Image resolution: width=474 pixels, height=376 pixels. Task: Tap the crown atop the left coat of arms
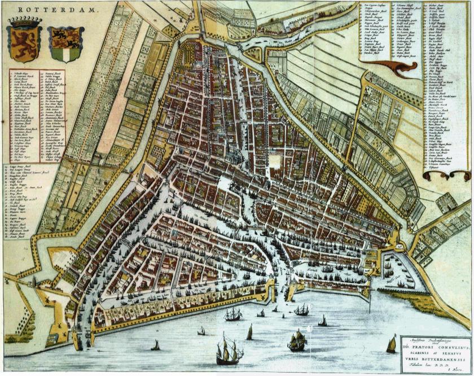coord(24,23)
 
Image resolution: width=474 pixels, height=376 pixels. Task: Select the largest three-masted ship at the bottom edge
coord(229,352)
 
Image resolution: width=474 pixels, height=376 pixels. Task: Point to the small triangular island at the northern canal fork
coord(253,54)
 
